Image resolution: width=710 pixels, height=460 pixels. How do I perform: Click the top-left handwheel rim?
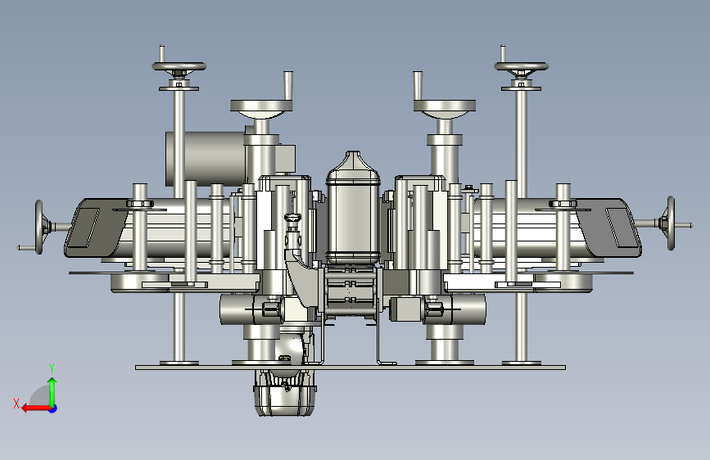click(x=179, y=66)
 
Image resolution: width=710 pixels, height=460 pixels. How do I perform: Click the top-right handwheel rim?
click(x=521, y=66)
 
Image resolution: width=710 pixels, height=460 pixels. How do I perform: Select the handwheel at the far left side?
click(x=39, y=228)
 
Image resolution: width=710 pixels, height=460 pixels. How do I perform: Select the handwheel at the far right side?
click(x=671, y=223)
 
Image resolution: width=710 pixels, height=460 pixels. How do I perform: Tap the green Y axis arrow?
click(x=52, y=392)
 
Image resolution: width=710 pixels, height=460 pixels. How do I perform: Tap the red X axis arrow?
click(x=36, y=408)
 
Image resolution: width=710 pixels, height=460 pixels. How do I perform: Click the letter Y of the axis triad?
click(x=52, y=368)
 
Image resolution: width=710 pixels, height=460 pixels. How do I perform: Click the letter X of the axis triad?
click(x=16, y=404)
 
